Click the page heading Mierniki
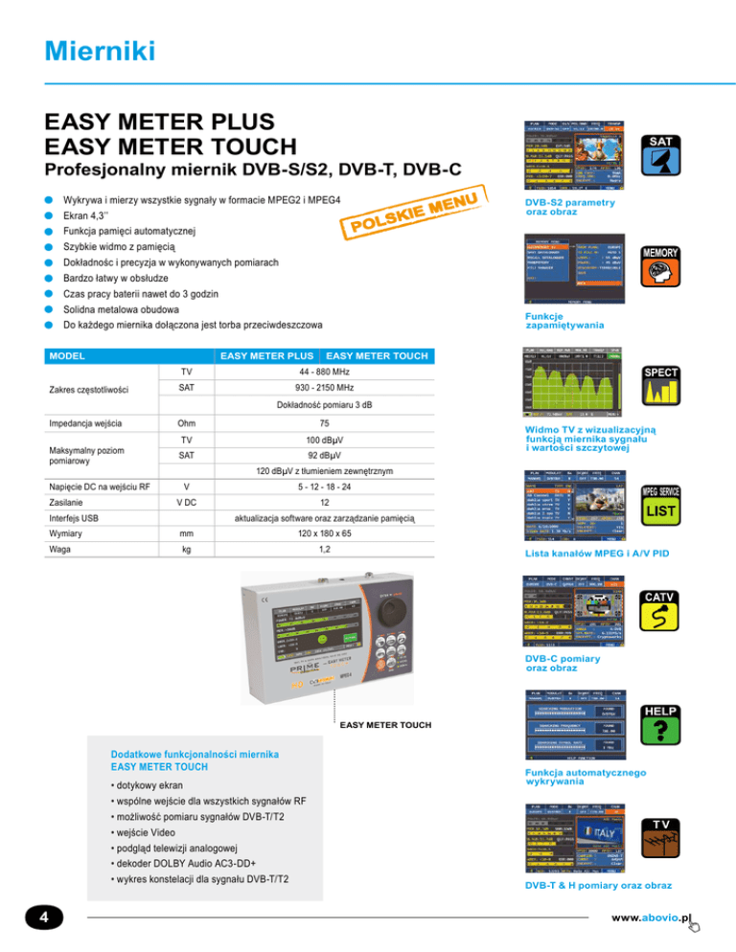point(92,48)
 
